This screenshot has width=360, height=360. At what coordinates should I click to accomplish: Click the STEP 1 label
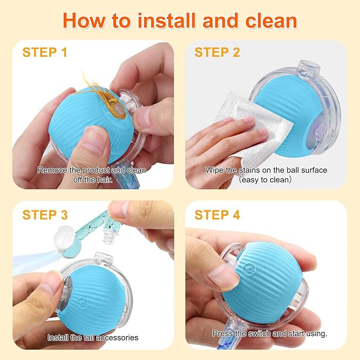click(45, 52)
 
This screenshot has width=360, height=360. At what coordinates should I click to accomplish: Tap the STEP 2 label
click(217, 52)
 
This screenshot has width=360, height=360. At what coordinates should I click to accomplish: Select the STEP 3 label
click(45, 215)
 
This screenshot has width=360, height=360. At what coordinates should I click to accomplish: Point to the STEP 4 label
click(217, 215)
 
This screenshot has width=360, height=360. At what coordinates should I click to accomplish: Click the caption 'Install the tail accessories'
click(93, 337)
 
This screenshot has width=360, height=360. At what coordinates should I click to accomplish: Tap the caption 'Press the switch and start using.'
click(269, 333)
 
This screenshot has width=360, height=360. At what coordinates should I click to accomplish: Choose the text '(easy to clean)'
click(266, 179)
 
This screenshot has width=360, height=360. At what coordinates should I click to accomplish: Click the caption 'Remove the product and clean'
click(92, 170)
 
